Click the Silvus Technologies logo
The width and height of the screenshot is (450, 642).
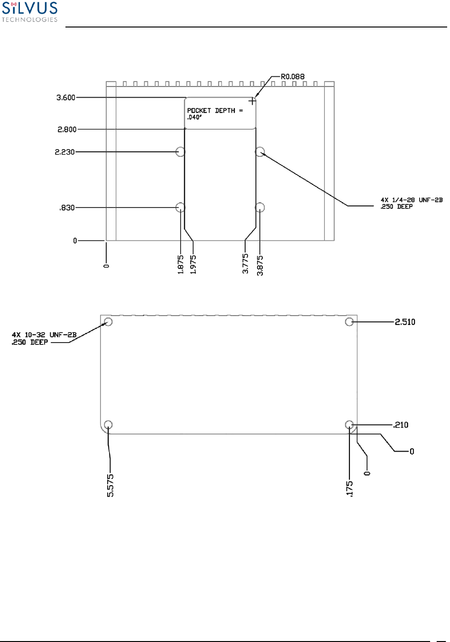[x=29, y=12]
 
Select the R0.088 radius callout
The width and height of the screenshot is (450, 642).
[x=293, y=76]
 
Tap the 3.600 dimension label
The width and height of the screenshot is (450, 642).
[x=66, y=98]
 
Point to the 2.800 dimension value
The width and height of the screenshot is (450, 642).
[x=67, y=129]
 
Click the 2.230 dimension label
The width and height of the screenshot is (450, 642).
[x=65, y=152]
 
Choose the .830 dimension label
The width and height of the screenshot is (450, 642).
[x=67, y=208]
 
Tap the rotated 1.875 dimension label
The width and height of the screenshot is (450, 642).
[x=181, y=265]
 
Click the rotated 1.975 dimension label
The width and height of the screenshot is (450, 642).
[x=193, y=264]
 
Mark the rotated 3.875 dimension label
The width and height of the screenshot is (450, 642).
[x=260, y=265]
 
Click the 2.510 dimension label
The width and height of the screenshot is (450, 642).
[x=405, y=322]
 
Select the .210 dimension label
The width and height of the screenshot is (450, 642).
[x=401, y=425]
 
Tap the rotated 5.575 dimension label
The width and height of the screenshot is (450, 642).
[x=110, y=486]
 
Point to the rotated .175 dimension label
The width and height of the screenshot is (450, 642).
[x=349, y=488]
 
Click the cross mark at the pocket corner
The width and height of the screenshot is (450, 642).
[x=252, y=101]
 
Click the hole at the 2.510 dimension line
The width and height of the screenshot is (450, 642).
[x=349, y=322]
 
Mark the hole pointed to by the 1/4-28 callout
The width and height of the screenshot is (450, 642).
[x=260, y=152]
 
